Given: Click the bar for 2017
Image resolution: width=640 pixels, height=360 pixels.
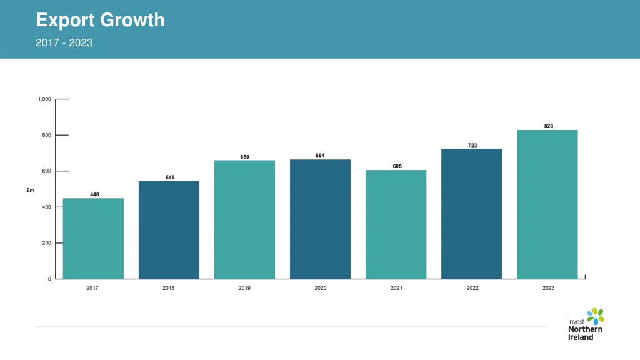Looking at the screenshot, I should point(93,238).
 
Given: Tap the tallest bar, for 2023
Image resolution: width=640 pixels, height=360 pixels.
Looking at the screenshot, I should point(547,204).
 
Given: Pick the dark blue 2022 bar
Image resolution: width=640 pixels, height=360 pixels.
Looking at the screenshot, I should point(471,214).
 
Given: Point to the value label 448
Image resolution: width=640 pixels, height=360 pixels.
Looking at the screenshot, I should point(94,194).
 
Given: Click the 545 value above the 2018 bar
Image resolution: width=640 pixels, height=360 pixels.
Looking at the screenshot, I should point(170,177).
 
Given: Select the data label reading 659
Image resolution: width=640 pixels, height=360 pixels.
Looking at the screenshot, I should point(245,157).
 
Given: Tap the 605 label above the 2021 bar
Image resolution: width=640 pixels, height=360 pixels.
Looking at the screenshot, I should point(397,166).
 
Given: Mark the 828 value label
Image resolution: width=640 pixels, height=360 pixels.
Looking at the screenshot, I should point(548,126).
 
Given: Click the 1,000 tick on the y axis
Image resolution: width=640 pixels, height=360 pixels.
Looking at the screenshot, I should point(44,99).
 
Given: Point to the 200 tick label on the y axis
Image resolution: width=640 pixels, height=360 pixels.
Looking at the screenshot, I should point(46,243).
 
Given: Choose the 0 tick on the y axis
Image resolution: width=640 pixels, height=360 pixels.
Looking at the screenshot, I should point(49,279).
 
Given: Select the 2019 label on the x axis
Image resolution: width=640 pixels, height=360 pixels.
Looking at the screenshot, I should point(244,288).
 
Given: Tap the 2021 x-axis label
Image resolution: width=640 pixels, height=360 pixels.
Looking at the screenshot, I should point(396,288).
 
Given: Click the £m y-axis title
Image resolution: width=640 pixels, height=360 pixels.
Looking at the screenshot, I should point(31,190).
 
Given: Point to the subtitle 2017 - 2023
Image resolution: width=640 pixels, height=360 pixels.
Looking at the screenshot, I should point(64,42).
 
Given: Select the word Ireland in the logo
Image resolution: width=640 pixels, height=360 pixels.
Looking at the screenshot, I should point(581,337).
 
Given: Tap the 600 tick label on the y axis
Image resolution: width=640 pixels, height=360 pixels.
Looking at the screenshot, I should point(46,171).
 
